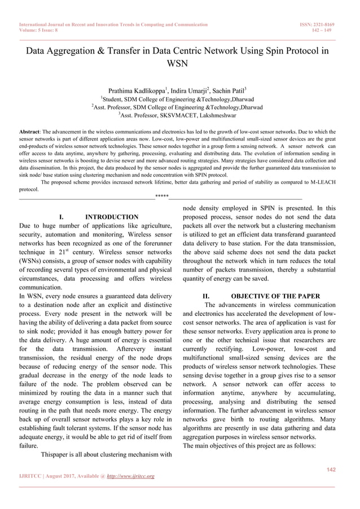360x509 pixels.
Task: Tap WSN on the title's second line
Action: (179, 63)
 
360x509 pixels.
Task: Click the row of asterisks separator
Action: (162, 197)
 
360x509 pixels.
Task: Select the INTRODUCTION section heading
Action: (111, 217)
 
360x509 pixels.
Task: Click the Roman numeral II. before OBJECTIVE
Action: (207, 296)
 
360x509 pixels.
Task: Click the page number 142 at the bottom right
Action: (331, 469)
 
